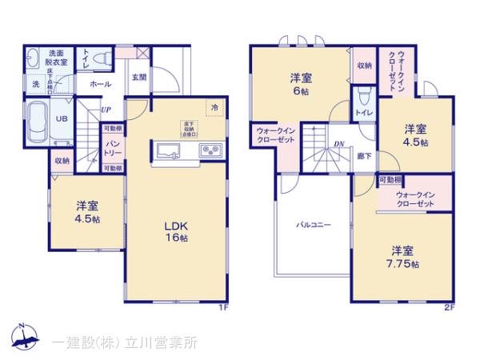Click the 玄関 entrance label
click(x=138, y=78)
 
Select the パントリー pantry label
click(x=113, y=149)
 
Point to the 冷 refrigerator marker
click(x=214, y=106)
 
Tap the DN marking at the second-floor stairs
click(x=339, y=145)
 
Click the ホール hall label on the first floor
click(x=100, y=83)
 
